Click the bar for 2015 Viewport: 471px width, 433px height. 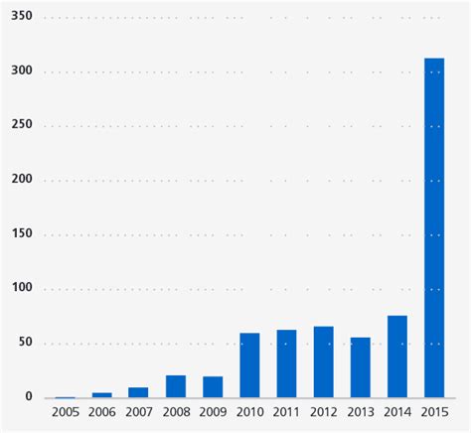(433, 227)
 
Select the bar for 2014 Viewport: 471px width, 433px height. (396, 357)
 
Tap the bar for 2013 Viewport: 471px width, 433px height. (360, 367)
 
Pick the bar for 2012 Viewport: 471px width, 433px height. (323, 361)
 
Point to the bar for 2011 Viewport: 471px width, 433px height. (286, 363)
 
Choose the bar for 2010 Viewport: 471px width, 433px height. (249, 364)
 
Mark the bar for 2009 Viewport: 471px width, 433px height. (213, 386)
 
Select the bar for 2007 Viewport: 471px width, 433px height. (139, 392)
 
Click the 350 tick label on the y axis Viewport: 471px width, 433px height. (21, 17)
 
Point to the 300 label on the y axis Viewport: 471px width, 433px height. (21, 72)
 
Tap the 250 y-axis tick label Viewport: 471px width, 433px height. (21, 125)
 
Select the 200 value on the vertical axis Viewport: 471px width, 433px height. (21, 180)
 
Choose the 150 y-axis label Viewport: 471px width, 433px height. (21, 234)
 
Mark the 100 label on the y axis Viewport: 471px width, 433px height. (21, 288)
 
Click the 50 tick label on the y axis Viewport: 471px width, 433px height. (25, 343)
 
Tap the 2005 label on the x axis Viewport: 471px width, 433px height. (66, 411)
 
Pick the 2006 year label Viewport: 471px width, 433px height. (102, 411)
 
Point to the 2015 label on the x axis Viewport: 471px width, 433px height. (433, 411)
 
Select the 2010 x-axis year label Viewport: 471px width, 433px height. (249, 411)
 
